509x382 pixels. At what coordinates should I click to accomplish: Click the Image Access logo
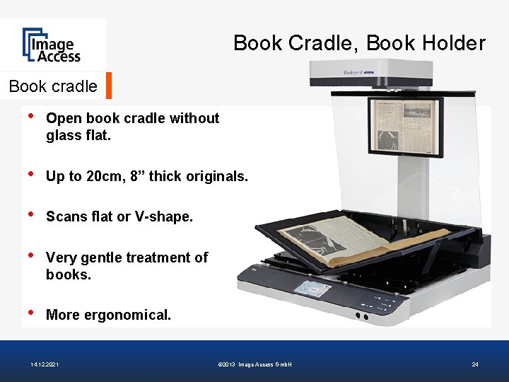[52, 45]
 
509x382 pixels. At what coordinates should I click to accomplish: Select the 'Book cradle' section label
[53, 86]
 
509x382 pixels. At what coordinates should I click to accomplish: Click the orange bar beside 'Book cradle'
[109, 86]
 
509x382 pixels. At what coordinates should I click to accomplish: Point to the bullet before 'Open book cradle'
[30, 117]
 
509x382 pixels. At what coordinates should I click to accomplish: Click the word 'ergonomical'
[127, 315]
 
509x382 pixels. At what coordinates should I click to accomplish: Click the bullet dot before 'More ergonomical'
[30, 313]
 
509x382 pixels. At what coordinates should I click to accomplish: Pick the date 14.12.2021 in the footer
[45, 364]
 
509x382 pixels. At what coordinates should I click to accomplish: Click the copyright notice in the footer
[256, 364]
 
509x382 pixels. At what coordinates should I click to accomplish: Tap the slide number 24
[475, 364]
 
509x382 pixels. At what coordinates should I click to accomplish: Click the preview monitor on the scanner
[405, 127]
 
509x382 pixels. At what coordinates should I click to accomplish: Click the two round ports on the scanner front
[361, 316]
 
